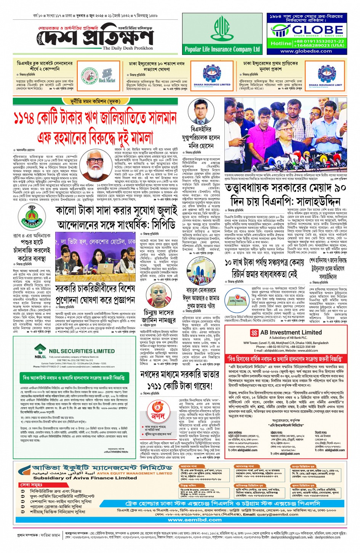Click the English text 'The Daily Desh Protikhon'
click(x=128, y=48)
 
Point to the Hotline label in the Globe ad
click(x=281, y=43)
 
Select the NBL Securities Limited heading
click(x=82, y=351)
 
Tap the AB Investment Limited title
click(x=291, y=332)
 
